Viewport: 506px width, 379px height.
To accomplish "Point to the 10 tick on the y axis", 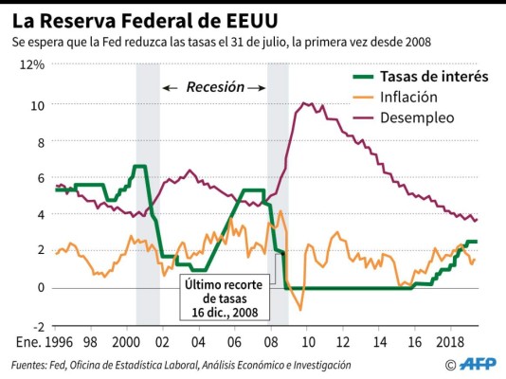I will tap(37, 104).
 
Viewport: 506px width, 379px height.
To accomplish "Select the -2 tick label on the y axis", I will tap(37, 324).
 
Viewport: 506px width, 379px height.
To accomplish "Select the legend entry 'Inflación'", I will tap(408, 97).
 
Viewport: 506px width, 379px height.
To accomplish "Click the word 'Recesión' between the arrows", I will tap(214, 87).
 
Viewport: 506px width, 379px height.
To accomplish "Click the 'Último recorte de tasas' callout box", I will tap(224, 298).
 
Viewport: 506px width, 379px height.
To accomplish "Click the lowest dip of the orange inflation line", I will tap(300, 309).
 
